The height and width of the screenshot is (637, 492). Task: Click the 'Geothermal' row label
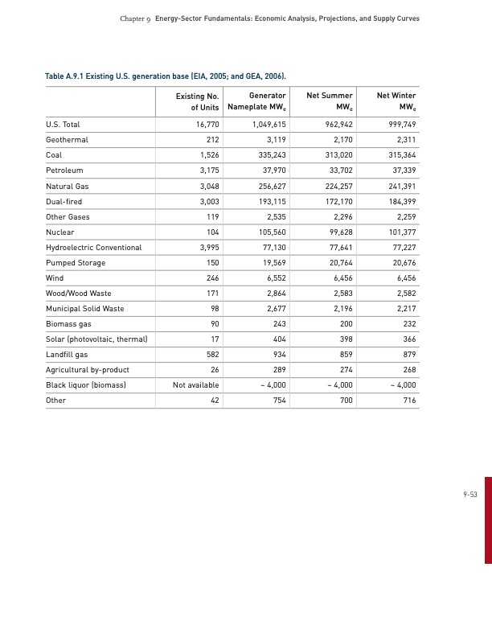click(67, 140)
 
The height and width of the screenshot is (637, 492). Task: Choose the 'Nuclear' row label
click(60, 232)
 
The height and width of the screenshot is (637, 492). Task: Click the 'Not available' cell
click(195, 385)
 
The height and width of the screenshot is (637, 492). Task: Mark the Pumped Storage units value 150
click(212, 263)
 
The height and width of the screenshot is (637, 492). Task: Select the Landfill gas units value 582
click(212, 355)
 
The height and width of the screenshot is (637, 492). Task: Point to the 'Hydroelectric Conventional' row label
click(93, 248)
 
